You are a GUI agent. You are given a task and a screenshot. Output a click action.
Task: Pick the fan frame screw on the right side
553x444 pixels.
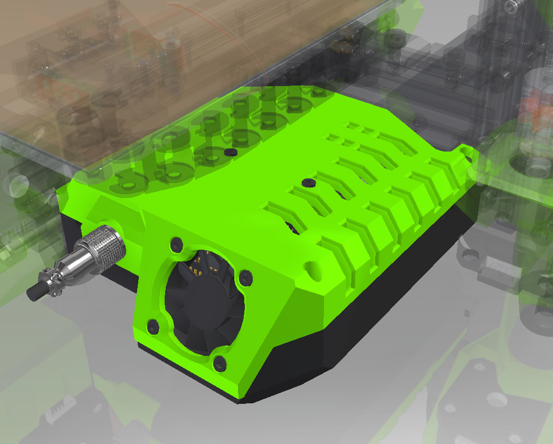[x=245, y=277]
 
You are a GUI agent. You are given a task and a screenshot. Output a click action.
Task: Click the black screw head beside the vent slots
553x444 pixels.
[x=308, y=183]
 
